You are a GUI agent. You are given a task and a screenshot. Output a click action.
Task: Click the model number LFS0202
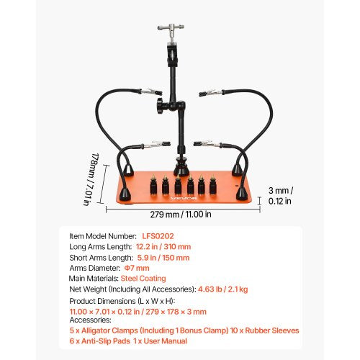[175, 236]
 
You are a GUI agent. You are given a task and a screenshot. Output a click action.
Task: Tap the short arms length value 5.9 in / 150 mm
[164, 257]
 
